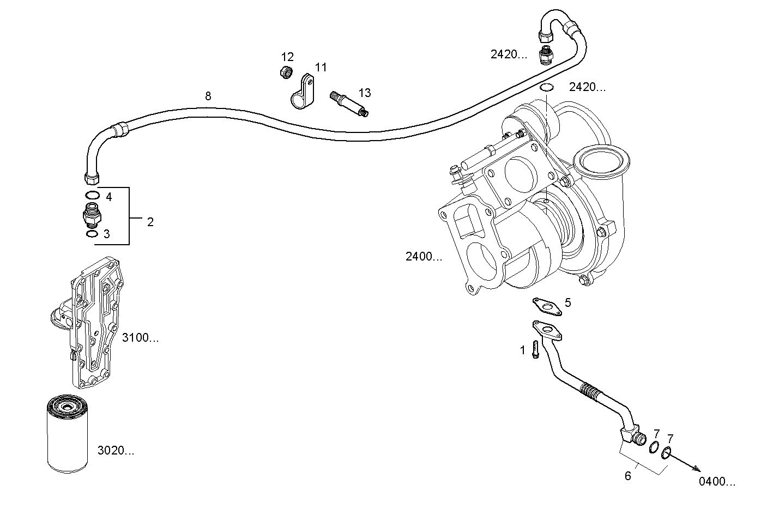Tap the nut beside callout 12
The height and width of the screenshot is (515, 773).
click(x=284, y=71)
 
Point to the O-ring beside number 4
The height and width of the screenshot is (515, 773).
click(x=92, y=196)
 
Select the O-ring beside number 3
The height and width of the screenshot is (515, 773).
click(x=92, y=234)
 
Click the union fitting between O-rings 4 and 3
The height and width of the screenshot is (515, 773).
click(x=90, y=215)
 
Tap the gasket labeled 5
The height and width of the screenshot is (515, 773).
click(x=546, y=306)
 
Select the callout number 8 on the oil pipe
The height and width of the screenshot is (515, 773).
click(x=208, y=96)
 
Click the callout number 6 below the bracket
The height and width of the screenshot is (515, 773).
click(x=627, y=476)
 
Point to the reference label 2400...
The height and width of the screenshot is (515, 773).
click(x=424, y=257)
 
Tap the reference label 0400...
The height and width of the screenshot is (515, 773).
click(x=717, y=481)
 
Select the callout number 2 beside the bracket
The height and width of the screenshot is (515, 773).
click(x=150, y=222)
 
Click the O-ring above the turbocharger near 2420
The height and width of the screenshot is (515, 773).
click(x=547, y=88)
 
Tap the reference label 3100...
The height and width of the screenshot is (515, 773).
click(x=140, y=338)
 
